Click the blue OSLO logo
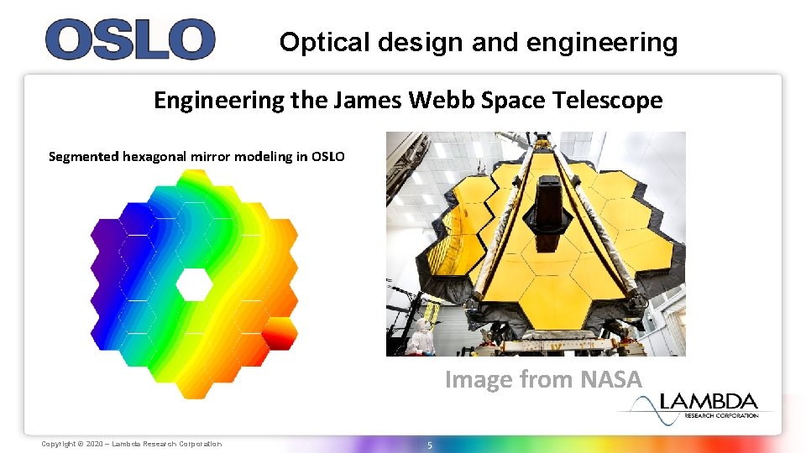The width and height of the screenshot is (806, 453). click(130, 39)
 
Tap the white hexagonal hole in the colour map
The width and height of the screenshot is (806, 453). click(194, 284)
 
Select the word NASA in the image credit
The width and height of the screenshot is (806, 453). click(611, 380)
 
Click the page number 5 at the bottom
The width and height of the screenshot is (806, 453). click(429, 445)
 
